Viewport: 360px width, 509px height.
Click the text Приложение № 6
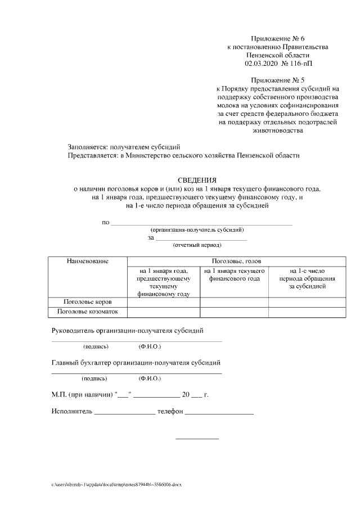pos(278,38)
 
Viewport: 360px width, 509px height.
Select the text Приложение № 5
pos(278,80)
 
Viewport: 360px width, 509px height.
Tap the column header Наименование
pos(87,262)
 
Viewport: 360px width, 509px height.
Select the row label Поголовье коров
pos(87,302)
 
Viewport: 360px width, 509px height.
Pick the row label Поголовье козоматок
pos(87,312)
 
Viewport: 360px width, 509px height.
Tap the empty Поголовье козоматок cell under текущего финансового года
pos(234,312)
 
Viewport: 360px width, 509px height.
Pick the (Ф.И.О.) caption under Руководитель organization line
pos(150,346)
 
